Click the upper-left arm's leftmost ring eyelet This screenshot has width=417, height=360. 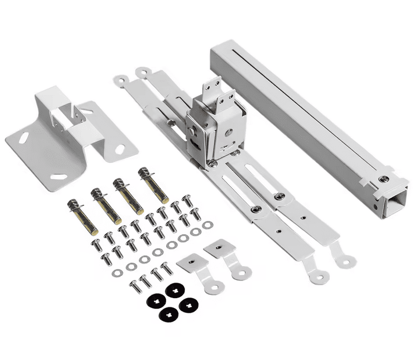tap(120, 79)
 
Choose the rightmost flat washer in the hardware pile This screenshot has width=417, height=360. tap(207, 225)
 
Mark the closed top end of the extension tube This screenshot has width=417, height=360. tap(222, 52)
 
